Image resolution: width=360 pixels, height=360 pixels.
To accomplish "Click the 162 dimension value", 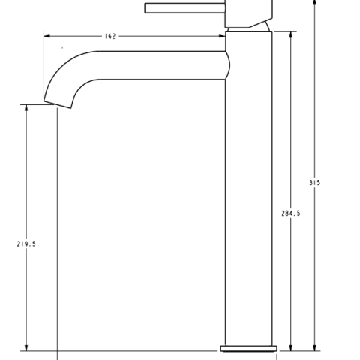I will [110, 36].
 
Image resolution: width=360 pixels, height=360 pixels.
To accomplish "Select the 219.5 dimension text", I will [27, 244].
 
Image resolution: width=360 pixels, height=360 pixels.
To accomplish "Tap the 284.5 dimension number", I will [291, 214].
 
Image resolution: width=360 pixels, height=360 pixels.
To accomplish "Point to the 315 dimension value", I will [315, 183].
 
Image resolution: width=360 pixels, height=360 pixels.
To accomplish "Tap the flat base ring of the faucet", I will [248, 348].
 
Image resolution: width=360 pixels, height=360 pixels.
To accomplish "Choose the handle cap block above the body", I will [248, 12].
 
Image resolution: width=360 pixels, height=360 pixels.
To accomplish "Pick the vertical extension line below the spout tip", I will [58, 225].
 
